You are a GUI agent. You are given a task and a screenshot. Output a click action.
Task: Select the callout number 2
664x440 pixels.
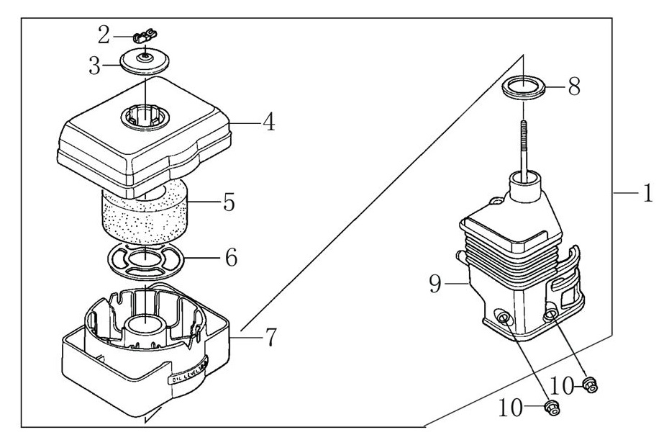(x=104, y=34)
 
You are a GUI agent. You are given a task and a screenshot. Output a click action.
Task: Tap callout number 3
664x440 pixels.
(x=95, y=66)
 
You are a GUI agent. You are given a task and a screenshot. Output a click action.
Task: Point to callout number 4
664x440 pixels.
(x=268, y=122)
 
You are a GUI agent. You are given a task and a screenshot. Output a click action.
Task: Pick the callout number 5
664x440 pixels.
(x=228, y=202)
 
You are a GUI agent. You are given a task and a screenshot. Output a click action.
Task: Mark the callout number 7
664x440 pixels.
(x=270, y=336)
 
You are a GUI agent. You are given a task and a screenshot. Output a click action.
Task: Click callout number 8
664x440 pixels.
(x=573, y=87)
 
